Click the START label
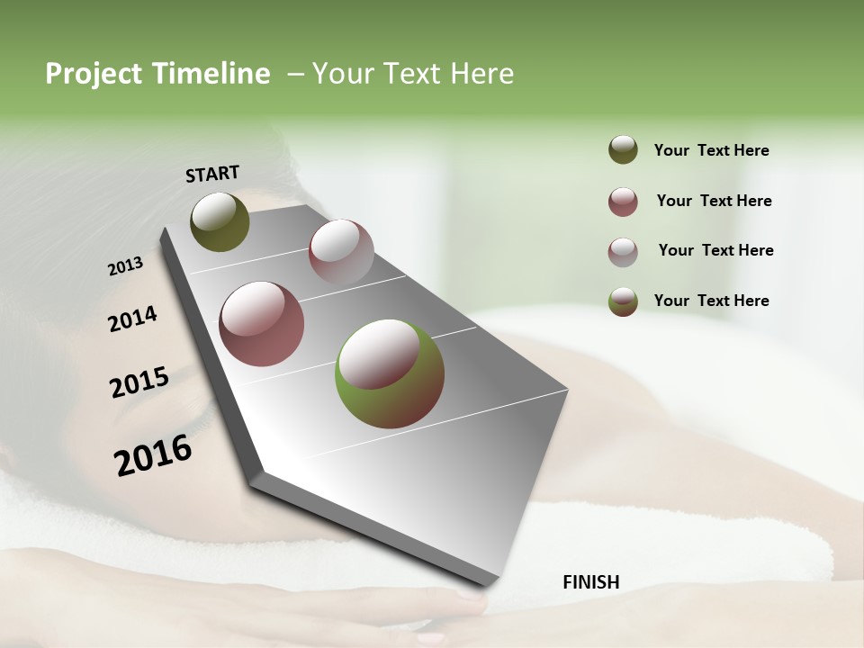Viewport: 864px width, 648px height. point(212,174)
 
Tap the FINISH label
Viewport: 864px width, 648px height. point(591,582)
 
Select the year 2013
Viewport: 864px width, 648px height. point(125,266)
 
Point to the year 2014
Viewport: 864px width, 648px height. point(132,319)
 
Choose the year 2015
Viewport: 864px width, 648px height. point(139,382)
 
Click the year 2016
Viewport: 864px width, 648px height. point(153,455)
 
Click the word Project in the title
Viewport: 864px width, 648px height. point(90,74)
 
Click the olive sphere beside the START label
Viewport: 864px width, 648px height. point(220,221)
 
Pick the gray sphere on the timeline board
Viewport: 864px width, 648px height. point(341,251)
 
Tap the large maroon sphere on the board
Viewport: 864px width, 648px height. point(262,323)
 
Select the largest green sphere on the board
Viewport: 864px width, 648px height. point(390,373)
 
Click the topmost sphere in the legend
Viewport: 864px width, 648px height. point(623,150)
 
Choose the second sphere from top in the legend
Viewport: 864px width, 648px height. point(623,202)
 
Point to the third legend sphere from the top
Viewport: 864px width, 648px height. point(623,252)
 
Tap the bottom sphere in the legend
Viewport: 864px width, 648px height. point(623,301)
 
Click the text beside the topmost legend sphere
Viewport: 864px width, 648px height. point(711,150)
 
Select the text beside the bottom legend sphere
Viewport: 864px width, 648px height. point(711,301)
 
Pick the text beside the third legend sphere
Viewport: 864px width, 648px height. point(715,250)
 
